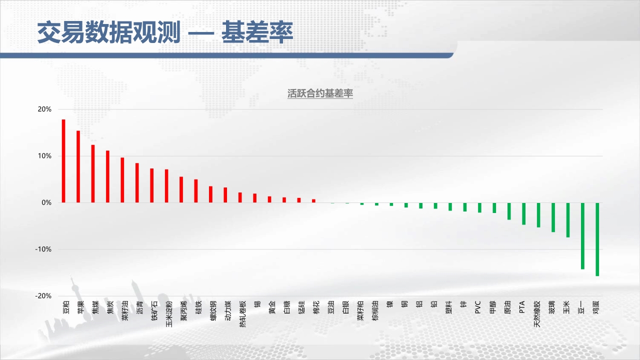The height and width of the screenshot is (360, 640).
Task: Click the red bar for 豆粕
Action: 63,161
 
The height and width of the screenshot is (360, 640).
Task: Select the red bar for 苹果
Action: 78,166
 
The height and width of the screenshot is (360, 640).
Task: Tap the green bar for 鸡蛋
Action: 597,239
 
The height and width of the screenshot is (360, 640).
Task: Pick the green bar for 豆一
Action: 582,236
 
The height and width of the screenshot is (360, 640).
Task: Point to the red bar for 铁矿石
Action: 151,185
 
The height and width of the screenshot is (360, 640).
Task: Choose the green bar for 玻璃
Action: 553,217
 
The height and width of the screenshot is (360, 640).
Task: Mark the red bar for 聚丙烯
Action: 181,189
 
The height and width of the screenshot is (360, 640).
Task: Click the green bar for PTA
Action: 523,213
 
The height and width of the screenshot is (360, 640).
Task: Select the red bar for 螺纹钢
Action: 210,194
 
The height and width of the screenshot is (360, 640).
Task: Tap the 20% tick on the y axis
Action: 44,109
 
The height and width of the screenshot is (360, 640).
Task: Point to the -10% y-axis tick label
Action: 43,249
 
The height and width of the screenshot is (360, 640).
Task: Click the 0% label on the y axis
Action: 46,203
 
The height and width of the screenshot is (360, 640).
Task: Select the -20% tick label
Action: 43,296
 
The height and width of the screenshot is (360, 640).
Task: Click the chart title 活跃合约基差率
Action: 320,93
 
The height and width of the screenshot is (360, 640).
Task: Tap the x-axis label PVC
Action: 477,307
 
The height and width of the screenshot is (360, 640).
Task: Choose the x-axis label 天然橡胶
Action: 537,313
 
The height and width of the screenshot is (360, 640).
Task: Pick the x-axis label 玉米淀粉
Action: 169,313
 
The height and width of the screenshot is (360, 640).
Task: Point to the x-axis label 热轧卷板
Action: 242,313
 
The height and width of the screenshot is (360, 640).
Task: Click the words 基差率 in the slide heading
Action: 257,32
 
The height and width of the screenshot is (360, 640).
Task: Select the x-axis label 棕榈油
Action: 375,310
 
